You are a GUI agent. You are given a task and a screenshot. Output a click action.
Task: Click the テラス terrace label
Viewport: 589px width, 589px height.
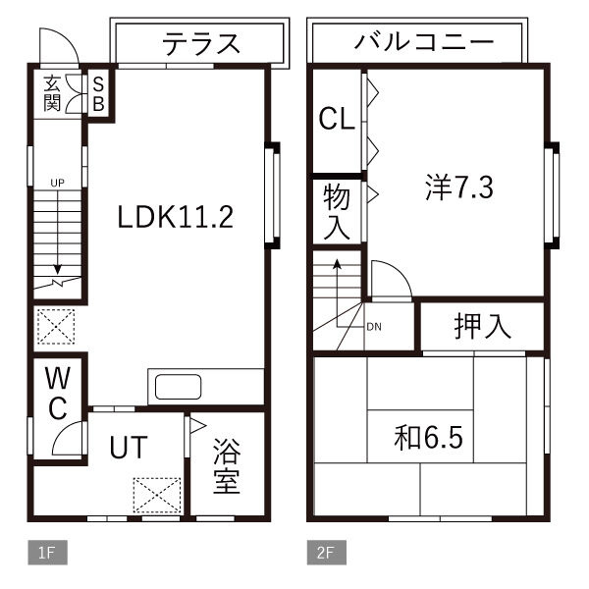click(x=200, y=42)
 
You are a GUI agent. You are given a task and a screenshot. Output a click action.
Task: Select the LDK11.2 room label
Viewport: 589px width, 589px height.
click(x=175, y=216)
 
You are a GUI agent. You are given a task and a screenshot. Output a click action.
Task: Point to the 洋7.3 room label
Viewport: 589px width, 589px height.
click(x=458, y=187)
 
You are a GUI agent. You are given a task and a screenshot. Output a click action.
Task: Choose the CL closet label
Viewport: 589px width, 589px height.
click(x=337, y=121)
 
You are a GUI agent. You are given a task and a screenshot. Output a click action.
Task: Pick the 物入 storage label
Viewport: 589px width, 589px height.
click(x=337, y=210)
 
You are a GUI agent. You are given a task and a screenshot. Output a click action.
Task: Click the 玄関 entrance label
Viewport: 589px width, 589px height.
click(x=53, y=93)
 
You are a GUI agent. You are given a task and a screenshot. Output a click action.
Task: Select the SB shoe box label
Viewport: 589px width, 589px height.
click(x=99, y=94)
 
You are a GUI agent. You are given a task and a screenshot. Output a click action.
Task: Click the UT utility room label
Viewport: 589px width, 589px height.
click(x=128, y=448)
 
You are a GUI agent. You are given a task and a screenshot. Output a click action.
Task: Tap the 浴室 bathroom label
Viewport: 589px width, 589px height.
click(x=227, y=466)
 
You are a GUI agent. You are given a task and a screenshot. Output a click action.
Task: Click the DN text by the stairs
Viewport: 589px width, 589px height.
click(x=373, y=327)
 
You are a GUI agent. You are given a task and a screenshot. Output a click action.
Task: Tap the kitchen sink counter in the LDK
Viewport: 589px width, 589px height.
click(x=177, y=386)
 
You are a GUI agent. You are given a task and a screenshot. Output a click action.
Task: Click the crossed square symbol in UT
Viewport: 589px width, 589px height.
click(x=156, y=495)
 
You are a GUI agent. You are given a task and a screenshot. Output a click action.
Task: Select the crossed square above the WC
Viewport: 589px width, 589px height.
click(x=55, y=325)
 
